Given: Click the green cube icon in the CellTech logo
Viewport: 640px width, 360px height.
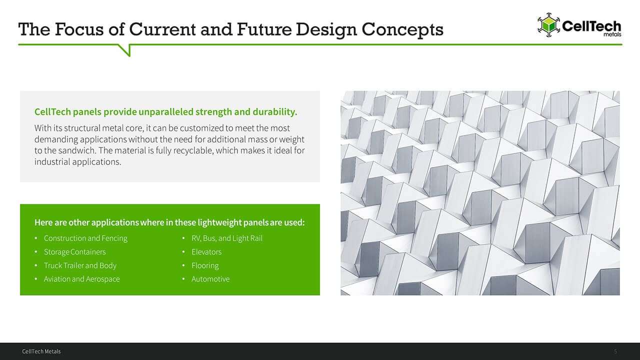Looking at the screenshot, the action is click(x=548, y=25).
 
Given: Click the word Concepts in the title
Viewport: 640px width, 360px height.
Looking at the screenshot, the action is click(x=402, y=30).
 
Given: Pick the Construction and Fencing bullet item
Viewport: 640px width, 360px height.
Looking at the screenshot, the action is click(x=85, y=238).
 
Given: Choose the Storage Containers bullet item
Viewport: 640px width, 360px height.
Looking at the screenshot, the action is click(x=74, y=251).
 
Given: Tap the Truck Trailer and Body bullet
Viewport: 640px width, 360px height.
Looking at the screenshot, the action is click(x=80, y=265).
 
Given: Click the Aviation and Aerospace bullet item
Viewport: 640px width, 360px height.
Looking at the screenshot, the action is click(x=81, y=279).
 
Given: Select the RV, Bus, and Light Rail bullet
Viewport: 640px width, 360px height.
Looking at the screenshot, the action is click(x=227, y=238).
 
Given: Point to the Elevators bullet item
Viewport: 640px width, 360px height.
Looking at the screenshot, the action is click(x=206, y=251).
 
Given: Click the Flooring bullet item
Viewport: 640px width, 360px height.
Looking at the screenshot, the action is click(x=205, y=265).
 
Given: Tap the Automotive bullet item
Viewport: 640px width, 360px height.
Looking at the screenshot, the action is click(x=210, y=279).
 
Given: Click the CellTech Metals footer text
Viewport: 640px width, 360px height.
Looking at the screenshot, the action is click(x=41, y=351).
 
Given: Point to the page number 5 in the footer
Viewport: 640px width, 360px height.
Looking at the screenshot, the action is click(x=615, y=351).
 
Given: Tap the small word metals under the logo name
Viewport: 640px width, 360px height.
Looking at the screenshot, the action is click(x=612, y=34).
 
